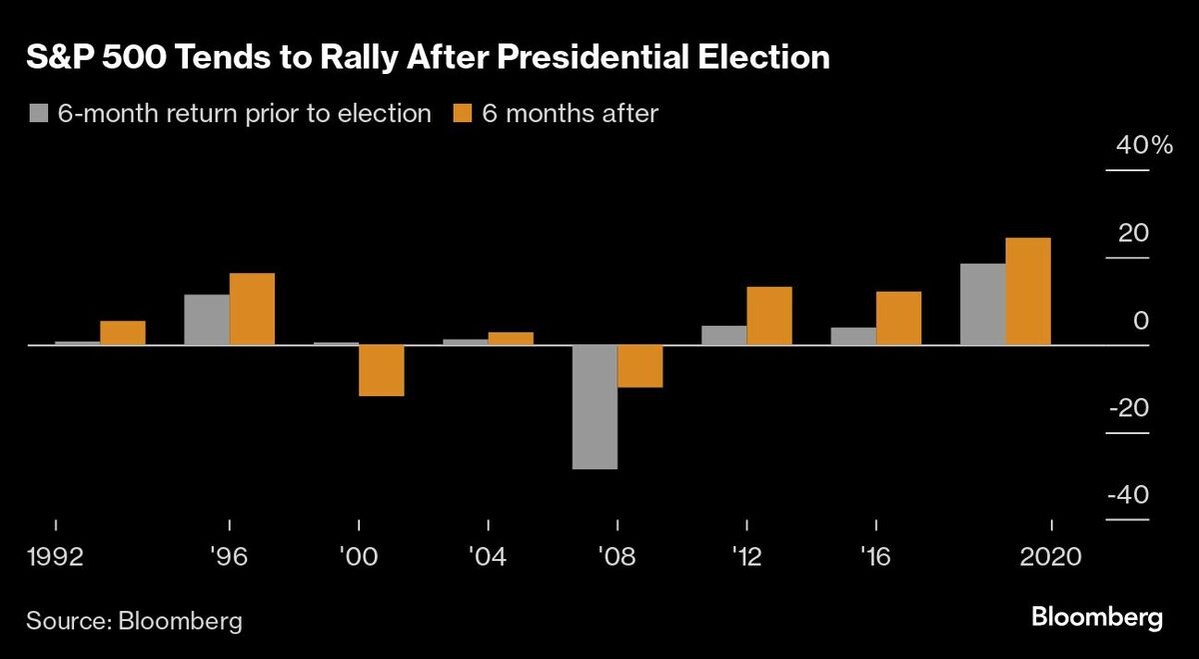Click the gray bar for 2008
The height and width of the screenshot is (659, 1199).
[x=595, y=407]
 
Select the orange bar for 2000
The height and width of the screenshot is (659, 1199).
[x=381, y=371]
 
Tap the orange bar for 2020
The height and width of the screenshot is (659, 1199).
[x=1028, y=292]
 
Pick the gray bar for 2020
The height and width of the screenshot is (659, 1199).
[x=982, y=305]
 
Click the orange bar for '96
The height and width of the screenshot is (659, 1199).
[x=252, y=309]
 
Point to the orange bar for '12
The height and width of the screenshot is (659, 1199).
[x=769, y=316]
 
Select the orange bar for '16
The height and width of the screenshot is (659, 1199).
[x=898, y=319]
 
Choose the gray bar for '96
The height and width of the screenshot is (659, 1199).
[x=207, y=320]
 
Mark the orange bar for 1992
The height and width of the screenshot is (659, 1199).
[x=123, y=333]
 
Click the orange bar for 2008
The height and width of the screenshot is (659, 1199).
[x=640, y=366]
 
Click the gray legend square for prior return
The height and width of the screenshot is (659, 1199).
[x=39, y=114]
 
